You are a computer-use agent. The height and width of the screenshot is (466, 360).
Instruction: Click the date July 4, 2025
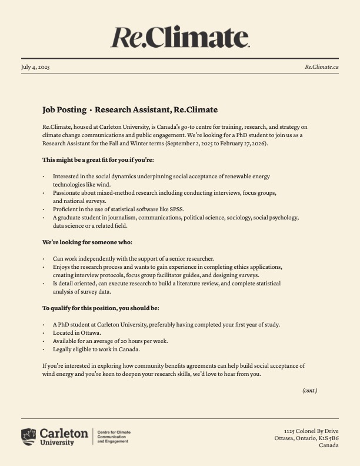point(35,67)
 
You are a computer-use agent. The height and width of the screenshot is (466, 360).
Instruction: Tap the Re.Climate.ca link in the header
point(321,67)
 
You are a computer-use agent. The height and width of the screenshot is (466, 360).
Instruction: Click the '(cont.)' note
point(309,390)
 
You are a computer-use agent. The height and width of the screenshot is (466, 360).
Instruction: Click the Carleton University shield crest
point(28,437)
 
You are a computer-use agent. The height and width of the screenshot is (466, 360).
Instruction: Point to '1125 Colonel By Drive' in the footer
point(311,431)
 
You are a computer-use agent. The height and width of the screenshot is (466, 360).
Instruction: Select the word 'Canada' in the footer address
point(328,445)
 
